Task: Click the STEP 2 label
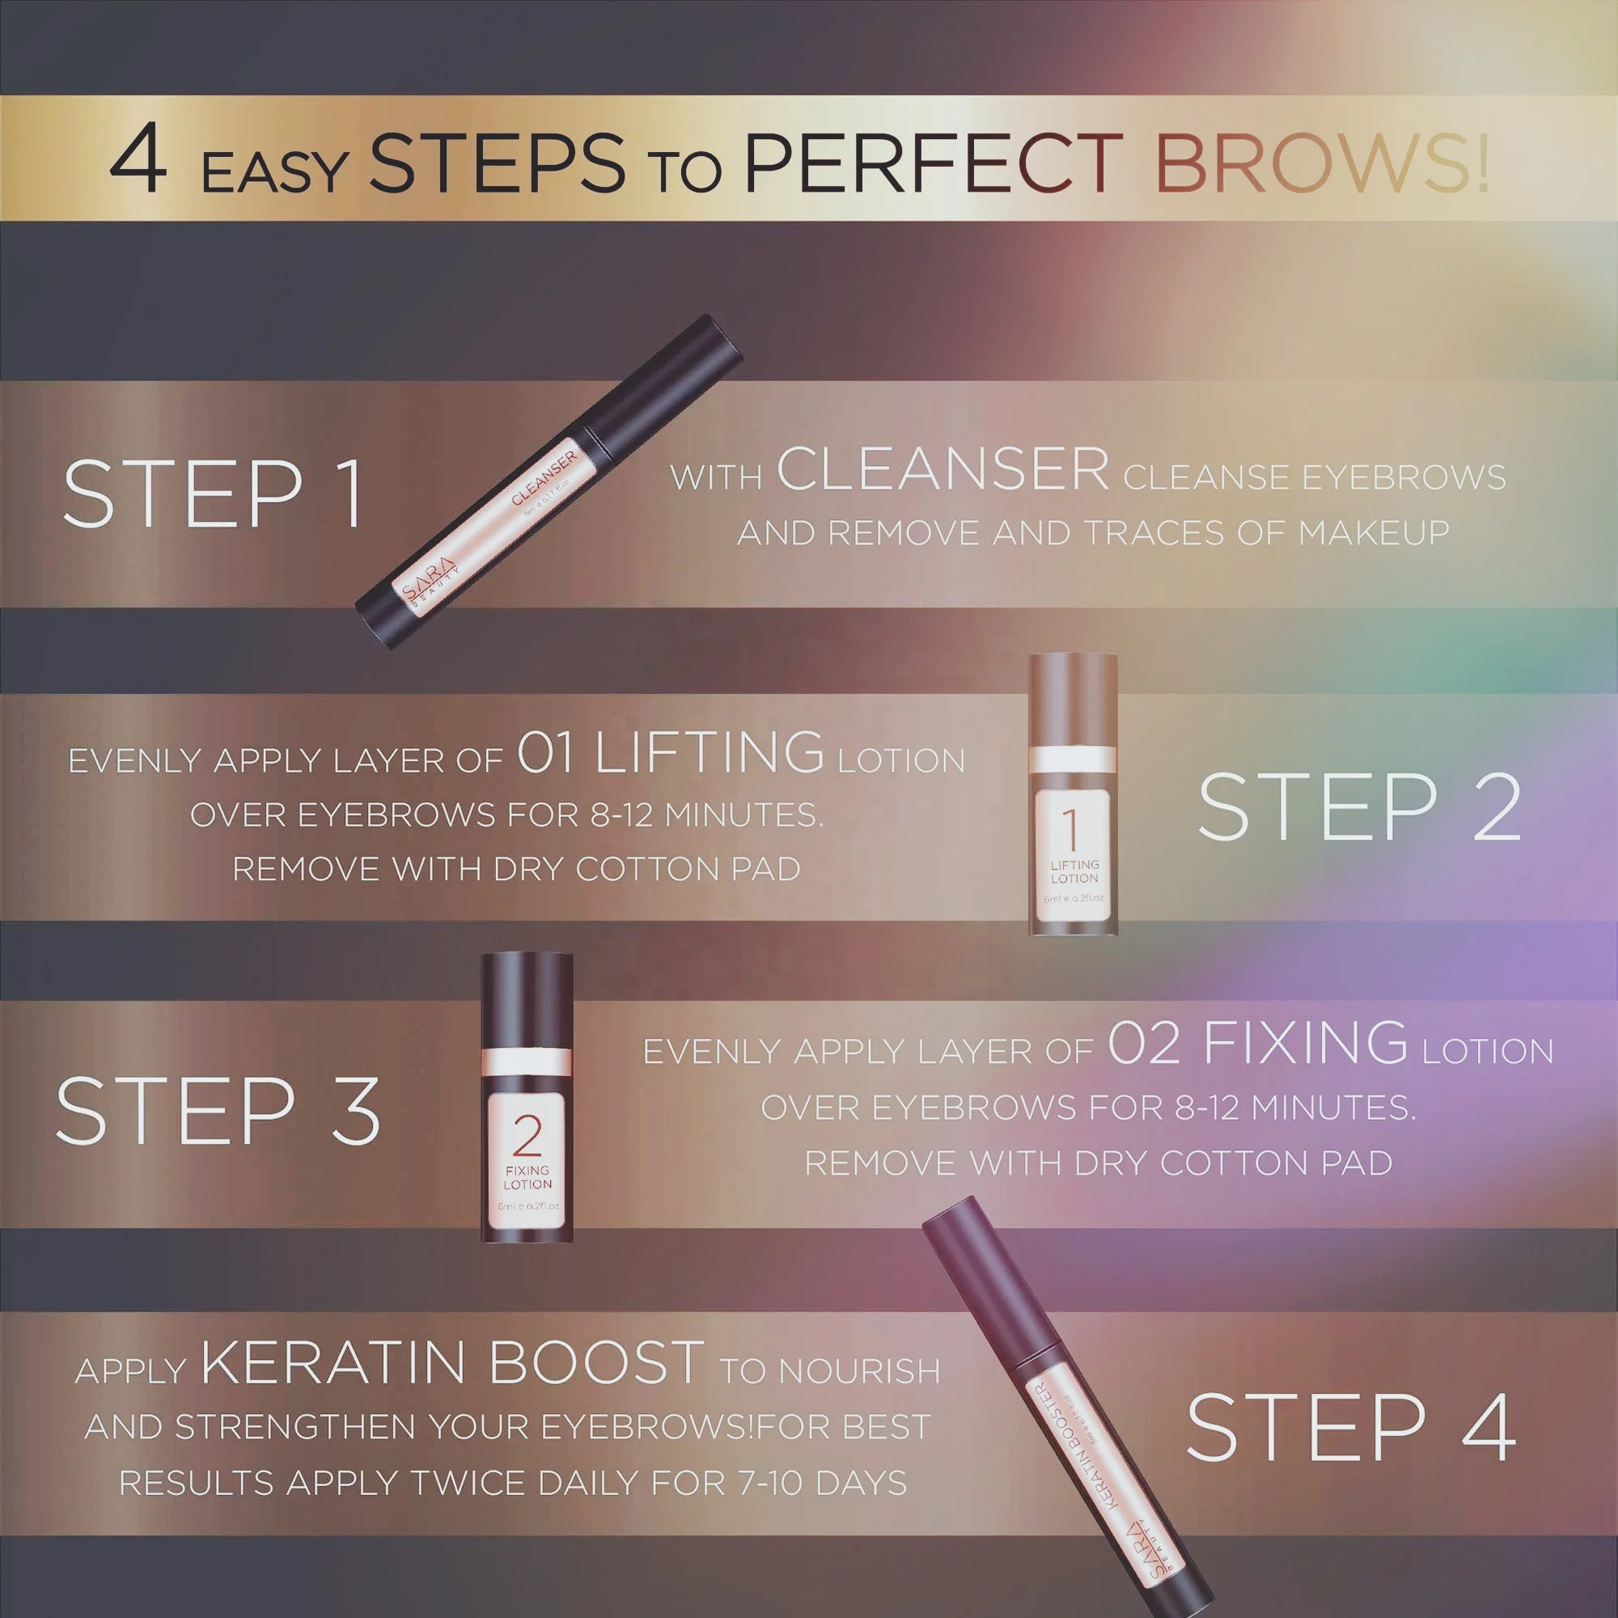click(1358, 807)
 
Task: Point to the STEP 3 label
click(218, 1111)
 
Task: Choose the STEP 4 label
click(1350, 1429)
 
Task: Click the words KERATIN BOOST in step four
click(451, 1363)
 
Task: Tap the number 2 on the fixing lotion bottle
click(527, 1136)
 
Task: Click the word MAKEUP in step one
click(1374, 533)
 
